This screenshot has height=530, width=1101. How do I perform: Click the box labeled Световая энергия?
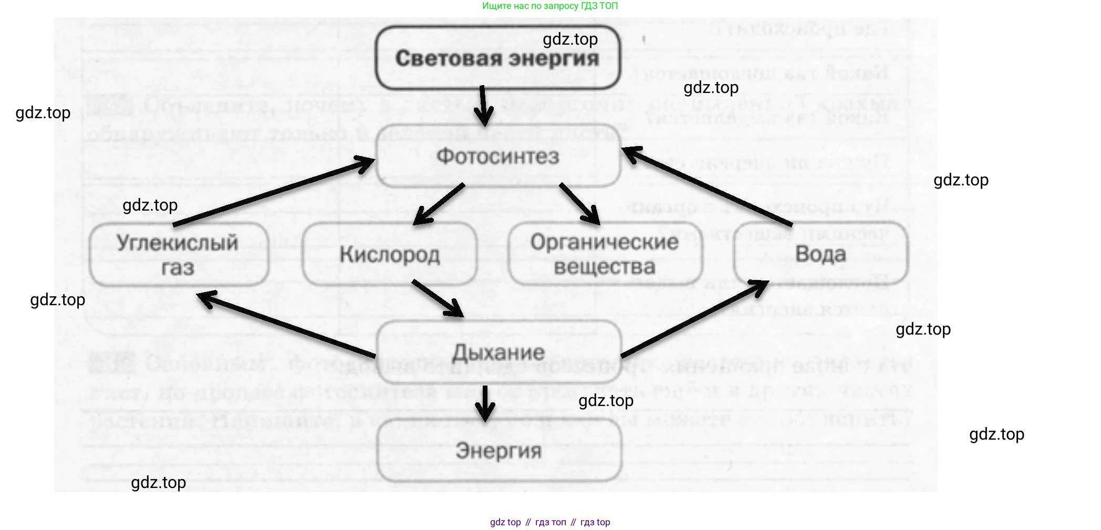click(x=497, y=58)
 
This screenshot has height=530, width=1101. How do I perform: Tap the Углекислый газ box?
click(x=178, y=255)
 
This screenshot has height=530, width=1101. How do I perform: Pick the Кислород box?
click(x=389, y=255)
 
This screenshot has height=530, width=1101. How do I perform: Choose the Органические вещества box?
click(x=605, y=255)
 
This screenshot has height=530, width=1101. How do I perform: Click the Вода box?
click(x=820, y=254)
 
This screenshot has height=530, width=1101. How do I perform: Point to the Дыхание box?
click(x=498, y=352)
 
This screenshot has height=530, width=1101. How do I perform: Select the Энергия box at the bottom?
click(x=498, y=451)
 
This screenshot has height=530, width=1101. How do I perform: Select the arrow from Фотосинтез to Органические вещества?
click(x=580, y=204)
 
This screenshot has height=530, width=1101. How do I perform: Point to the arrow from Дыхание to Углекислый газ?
click(x=286, y=326)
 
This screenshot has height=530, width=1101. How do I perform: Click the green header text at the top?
click(x=550, y=6)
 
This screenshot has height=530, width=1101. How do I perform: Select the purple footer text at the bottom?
click(x=550, y=522)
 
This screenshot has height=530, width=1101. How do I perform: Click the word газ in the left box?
click(x=178, y=268)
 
